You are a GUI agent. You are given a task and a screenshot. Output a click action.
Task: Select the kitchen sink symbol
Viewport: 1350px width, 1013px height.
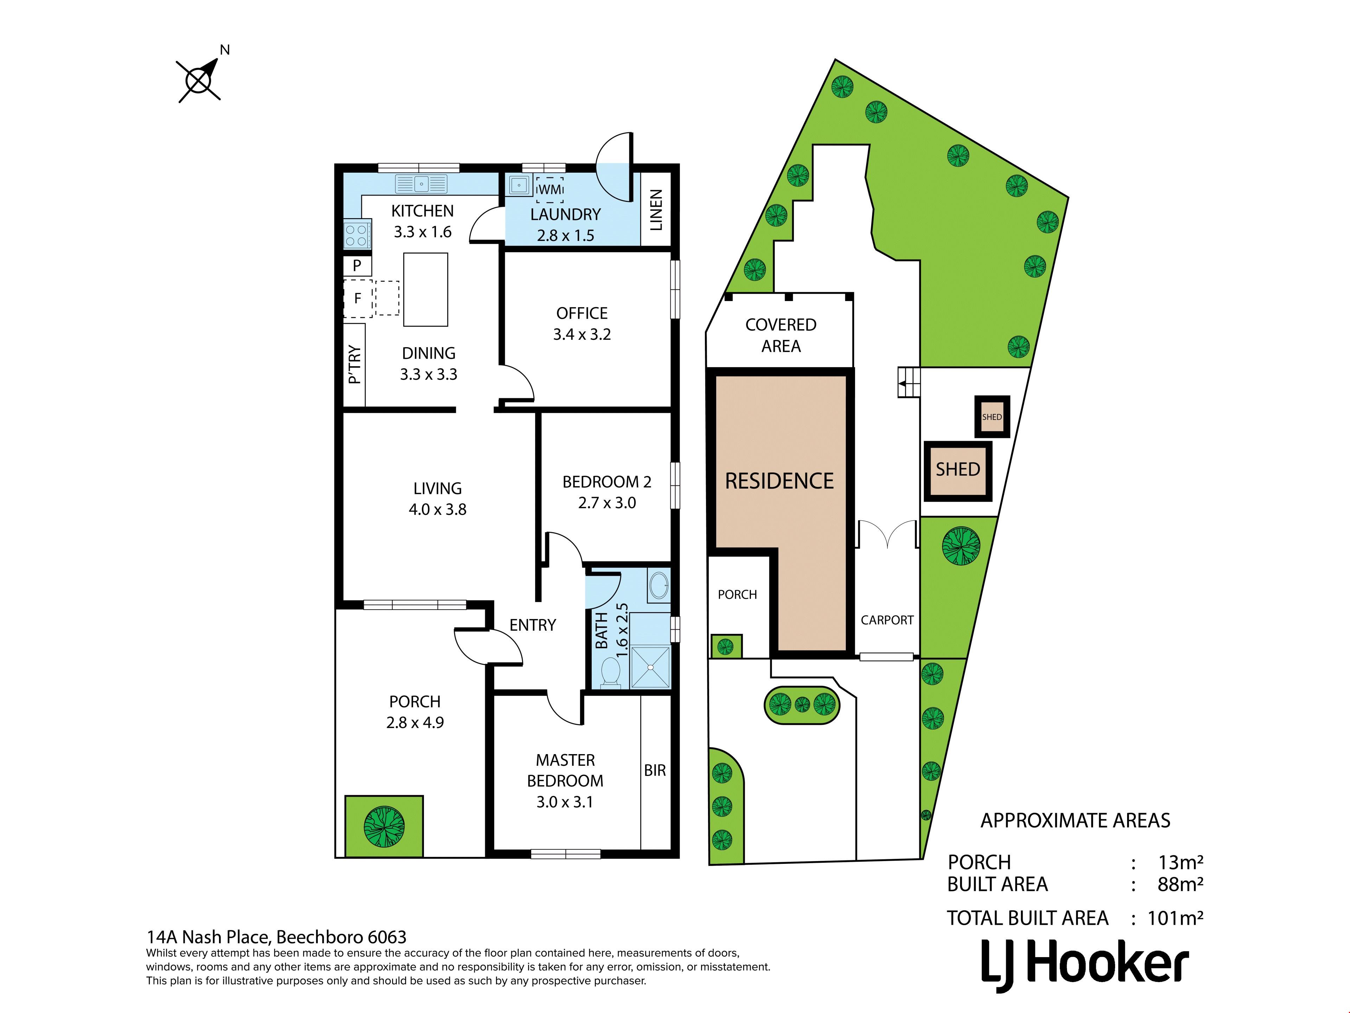pos(421,183)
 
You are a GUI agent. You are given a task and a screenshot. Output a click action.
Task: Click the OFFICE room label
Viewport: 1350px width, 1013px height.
pos(581,313)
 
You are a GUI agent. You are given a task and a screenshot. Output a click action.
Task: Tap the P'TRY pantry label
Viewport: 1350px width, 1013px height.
pos(354,364)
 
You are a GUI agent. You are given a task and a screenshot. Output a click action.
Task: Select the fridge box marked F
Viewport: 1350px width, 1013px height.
pos(358,299)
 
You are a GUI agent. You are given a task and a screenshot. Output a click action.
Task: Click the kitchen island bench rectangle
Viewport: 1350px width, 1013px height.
pos(426,289)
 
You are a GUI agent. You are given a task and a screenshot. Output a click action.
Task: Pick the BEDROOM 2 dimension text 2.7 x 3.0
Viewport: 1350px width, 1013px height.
pos(607,503)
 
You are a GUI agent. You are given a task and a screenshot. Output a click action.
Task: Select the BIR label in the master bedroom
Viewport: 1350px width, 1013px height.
pos(655,771)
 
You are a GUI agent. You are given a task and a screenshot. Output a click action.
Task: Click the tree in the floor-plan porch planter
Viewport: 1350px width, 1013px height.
pos(384,827)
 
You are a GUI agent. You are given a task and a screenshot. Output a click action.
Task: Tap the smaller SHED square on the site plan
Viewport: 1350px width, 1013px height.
pos(992,417)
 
